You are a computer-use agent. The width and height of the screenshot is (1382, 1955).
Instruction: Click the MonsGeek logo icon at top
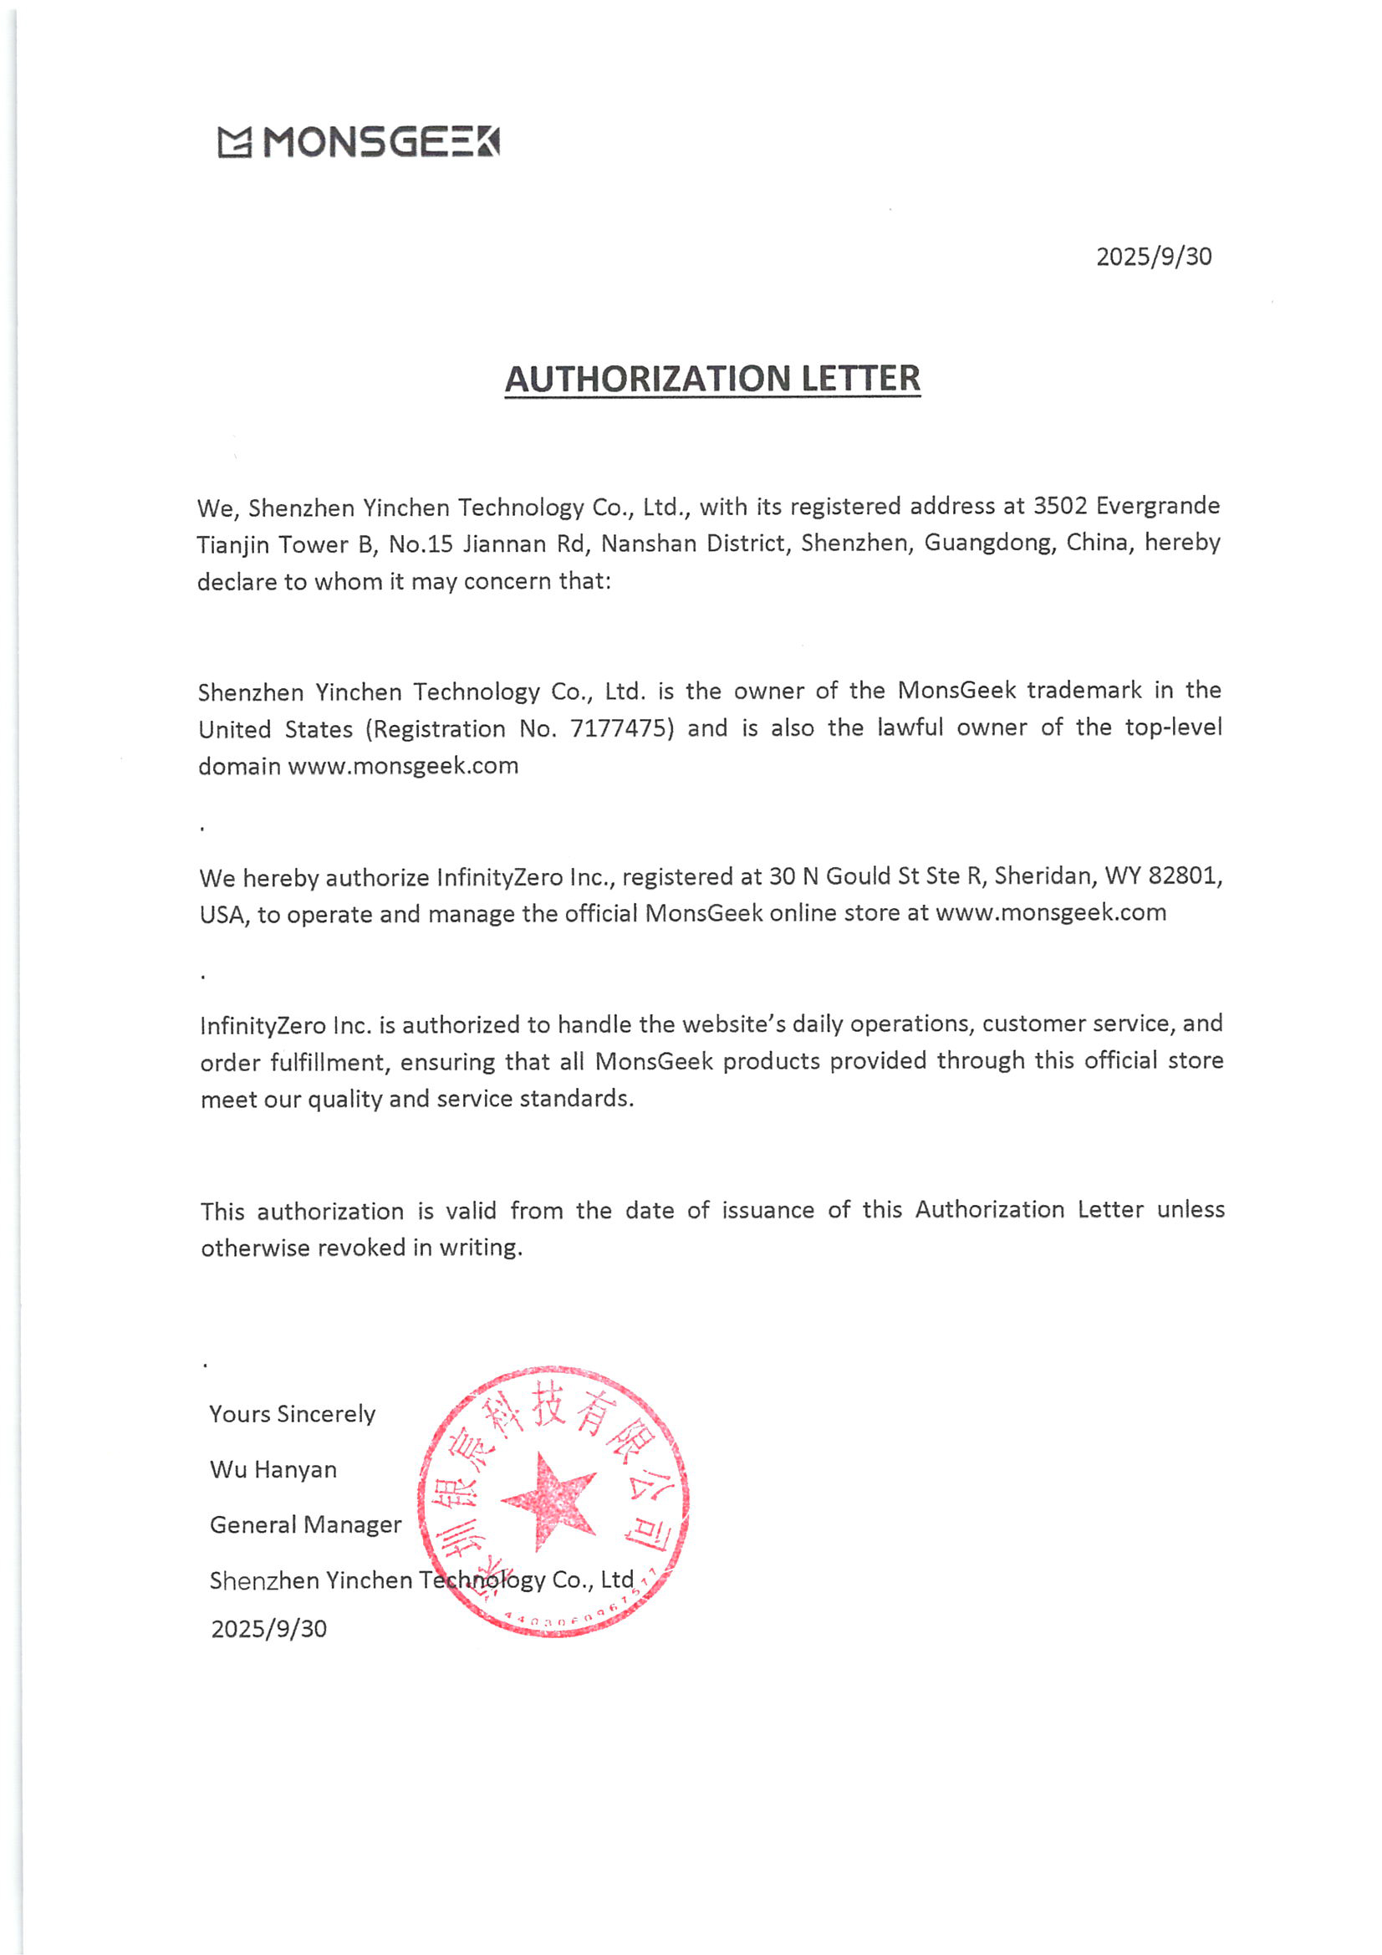pyautogui.click(x=234, y=142)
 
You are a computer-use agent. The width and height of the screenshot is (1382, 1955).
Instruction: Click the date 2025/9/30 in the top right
pyautogui.click(x=1153, y=257)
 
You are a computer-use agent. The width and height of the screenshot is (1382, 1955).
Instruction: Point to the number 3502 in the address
pyautogui.click(x=1060, y=506)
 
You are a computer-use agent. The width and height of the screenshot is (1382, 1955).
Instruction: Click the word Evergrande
pyautogui.click(x=1157, y=506)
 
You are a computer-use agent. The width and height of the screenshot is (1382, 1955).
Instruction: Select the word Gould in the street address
pyautogui.click(x=859, y=876)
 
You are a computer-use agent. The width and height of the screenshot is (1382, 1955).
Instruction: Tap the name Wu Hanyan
pyautogui.click(x=273, y=1470)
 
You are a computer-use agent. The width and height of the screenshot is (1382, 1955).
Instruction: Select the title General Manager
pyautogui.click(x=306, y=1524)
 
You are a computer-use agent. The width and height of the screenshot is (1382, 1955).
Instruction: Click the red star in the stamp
pyautogui.click(x=549, y=1502)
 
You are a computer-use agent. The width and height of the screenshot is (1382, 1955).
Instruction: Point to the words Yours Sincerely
pyautogui.click(x=292, y=1414)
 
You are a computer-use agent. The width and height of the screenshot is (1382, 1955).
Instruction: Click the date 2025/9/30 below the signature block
pyautogui.click(x=269, y=1629)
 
